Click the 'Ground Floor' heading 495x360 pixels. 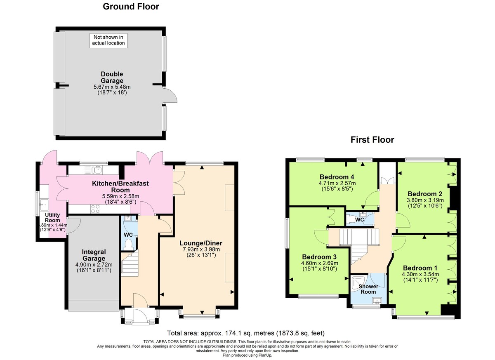(x=131, y=7)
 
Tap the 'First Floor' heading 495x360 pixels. (x=372, y=140)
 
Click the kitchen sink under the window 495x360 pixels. (x=95, y=169)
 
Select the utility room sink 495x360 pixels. (x=43, y=203)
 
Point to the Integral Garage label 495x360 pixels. (x=94, y=255)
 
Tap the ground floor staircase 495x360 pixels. (x=130, y=264)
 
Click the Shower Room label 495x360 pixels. (x=368, y=289)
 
